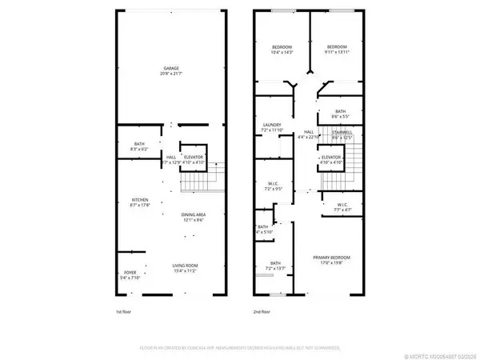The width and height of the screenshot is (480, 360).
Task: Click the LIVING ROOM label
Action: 185,266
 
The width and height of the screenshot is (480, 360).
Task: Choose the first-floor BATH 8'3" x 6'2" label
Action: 128,145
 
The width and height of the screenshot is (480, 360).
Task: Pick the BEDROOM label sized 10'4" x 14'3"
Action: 279,46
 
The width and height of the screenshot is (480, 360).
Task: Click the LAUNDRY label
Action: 273,124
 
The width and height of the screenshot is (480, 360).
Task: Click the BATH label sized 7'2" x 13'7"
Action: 274,263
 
